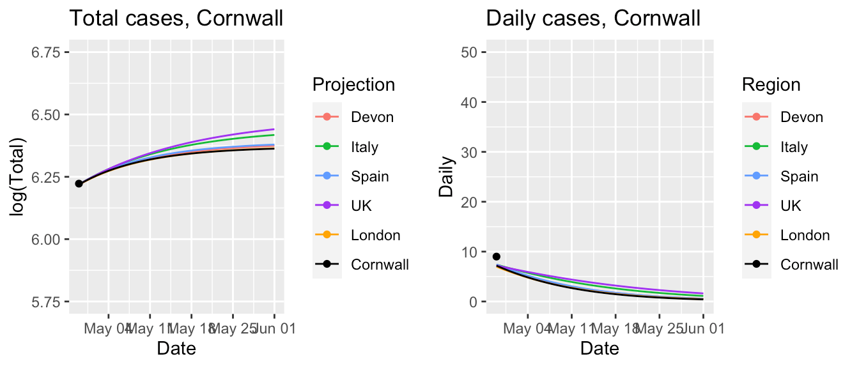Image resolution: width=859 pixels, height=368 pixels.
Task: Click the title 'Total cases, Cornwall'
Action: (x=176, y=19)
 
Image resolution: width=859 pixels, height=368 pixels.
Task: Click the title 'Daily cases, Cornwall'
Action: (x=593, y=19)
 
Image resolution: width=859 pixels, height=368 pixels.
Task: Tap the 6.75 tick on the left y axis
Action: (x=47, y=52)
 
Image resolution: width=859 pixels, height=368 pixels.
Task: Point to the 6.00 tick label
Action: (x=47, y=239)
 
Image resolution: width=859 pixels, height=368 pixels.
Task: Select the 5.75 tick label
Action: (x=47, y=301)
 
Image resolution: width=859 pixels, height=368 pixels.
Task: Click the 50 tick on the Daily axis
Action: (x=472, y=52)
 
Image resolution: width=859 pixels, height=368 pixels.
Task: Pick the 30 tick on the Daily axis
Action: (x=472, y=152)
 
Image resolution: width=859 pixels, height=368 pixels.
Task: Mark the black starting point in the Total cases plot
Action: (x=79, y=183)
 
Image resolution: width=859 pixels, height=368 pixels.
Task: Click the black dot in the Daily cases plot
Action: (x=496, y=256)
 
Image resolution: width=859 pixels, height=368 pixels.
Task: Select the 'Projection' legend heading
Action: (x=353, y=84)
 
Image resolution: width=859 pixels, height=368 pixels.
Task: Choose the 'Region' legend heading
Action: (x=771, y=84)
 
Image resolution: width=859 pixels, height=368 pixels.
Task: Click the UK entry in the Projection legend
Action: (x=361, y=206)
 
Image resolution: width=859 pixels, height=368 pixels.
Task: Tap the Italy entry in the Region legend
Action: (x=794, y=147)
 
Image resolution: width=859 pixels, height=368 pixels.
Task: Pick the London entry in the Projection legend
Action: (x=375, y=235)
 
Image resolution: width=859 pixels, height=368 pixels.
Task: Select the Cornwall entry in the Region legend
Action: (x=809, y=264)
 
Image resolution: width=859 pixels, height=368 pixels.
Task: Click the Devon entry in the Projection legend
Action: (x=372, y=117)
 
